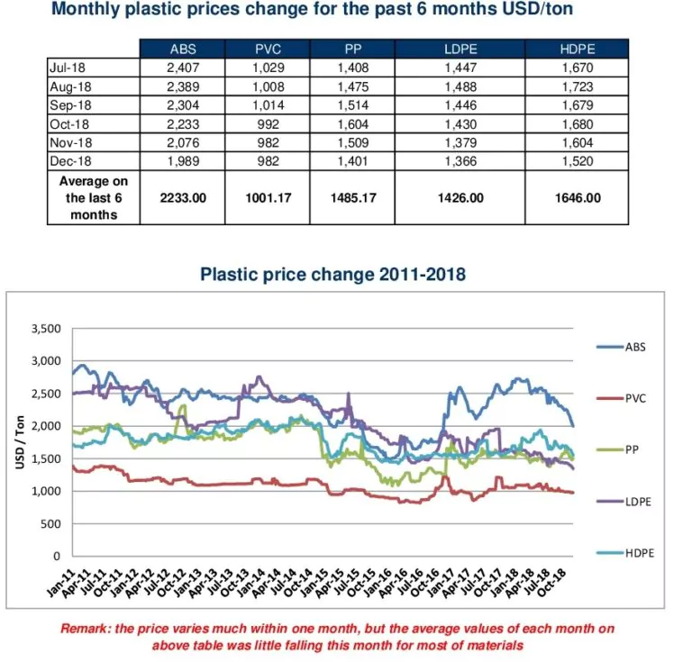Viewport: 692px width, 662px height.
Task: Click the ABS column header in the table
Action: tap(183, 50)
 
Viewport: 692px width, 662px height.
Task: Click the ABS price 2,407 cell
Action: tap(183, 66)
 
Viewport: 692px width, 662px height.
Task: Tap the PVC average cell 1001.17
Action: tap(267, 197)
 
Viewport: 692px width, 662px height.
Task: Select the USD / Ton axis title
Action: tap(19, 441)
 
